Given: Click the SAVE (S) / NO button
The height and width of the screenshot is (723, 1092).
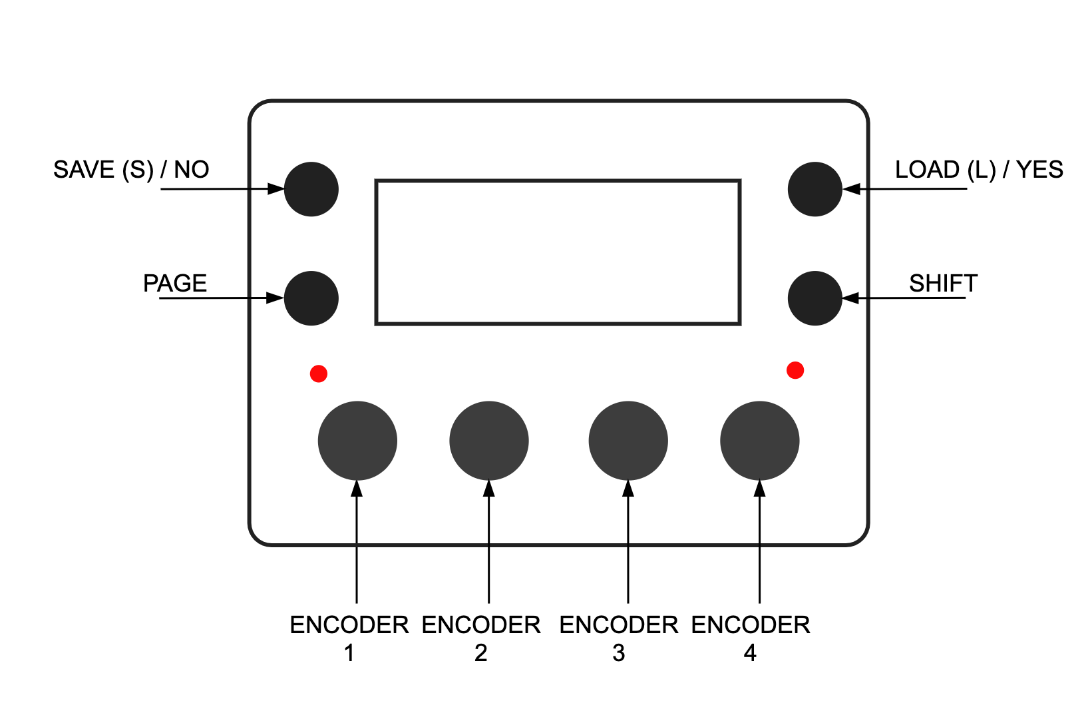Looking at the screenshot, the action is pos(311,189).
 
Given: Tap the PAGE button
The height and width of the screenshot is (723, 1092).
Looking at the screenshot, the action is pos(311,298).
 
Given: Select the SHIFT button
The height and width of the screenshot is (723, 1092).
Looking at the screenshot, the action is pos(815,298).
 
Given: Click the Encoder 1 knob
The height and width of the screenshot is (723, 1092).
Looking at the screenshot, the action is pos(357,441).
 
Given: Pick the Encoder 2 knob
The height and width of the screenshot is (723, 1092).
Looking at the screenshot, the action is pos(489,441).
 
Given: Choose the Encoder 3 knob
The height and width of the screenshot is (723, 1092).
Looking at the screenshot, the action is pos(628,441).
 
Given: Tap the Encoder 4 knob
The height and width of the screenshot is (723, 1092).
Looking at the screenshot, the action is pos(759,441).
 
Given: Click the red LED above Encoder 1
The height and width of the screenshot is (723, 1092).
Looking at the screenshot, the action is pos(319,373).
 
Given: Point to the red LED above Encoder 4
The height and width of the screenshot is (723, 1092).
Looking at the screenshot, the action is pos(795,370).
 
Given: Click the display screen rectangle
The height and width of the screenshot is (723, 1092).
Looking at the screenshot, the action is pos(558,180).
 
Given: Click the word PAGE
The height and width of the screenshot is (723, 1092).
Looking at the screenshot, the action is pos(175,284).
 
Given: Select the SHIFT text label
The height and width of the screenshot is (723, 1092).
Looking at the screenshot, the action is pos(944,284).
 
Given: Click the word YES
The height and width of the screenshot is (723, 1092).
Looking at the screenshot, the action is pos(1039,170).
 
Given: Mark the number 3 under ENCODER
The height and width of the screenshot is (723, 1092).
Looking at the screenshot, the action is pos(619,653).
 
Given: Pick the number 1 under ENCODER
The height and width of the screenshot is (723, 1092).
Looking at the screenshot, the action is pos(349,653).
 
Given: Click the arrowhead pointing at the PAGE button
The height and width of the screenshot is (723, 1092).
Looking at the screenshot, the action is pos(275,298).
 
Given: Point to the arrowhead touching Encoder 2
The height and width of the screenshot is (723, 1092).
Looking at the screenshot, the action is pos(489,489).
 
